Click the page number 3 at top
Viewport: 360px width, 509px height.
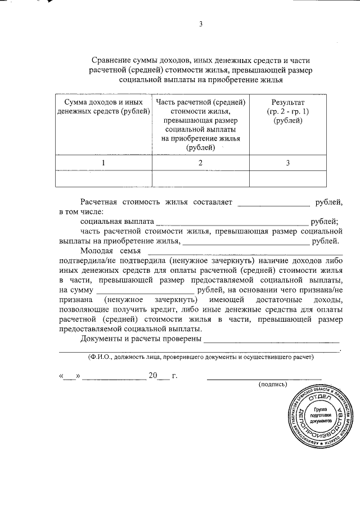coord(200,24)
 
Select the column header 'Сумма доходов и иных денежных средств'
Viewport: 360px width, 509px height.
coord(103,107)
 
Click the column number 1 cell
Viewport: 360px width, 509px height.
coord(103,163)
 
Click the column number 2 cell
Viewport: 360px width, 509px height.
coord(200,163)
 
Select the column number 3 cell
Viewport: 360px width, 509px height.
coord(287,163)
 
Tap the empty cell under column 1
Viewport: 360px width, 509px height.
coord(103,178)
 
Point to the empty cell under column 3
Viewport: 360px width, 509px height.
coord(287,178)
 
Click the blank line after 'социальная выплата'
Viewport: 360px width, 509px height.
coord(232,223)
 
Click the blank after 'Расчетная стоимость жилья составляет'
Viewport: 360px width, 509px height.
coord(274,203)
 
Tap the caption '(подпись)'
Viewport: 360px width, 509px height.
coord(272,384)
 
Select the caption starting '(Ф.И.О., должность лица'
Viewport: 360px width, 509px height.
coord(200,357)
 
